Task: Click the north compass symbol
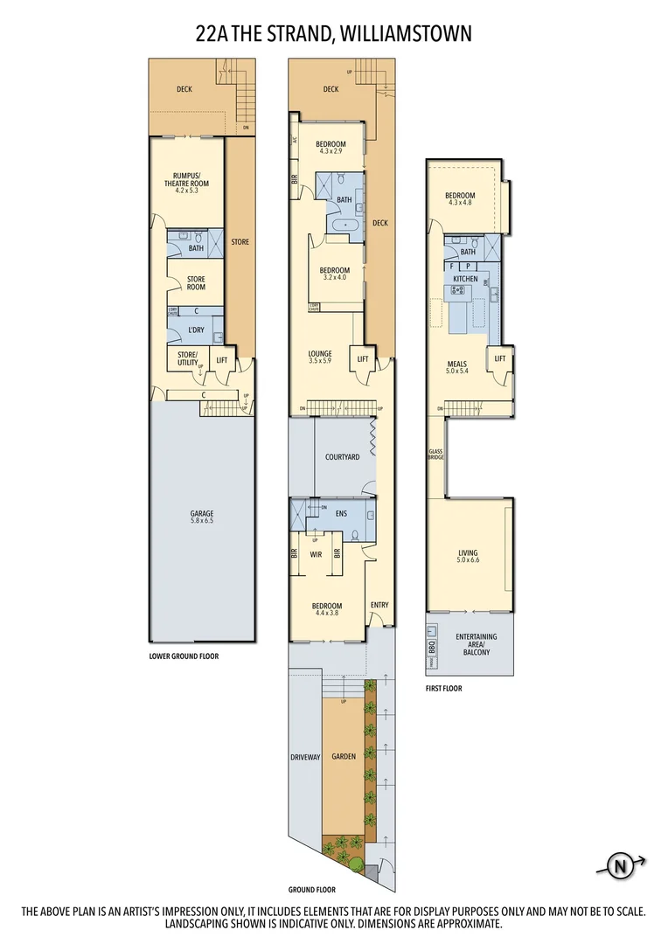[621, 867]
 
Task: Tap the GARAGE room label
[202, 514]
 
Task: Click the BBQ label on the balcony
[432, 647]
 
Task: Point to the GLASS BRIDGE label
[435, 455]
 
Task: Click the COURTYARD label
[343, 457]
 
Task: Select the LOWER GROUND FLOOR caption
[184, 655]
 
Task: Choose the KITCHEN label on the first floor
[465, 279]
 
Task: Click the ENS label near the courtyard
[342, 514]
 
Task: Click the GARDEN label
[343, 756]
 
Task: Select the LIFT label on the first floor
[500, 358]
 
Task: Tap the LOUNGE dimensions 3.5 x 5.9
[319, 361]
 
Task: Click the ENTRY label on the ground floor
[379, 605]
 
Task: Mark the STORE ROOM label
[195, 283]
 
